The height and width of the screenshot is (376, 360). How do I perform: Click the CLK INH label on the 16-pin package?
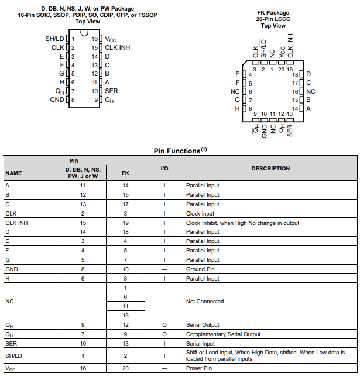click(117, 47)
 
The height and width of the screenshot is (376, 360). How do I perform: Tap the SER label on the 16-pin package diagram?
click(111, 91)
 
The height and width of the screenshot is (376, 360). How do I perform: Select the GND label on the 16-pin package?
click(57, 100)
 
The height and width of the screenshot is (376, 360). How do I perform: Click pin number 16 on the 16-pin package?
click(95, 39)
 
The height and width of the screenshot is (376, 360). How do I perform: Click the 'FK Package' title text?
click(273, 12)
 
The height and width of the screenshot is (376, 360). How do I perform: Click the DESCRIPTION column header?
click(270, 169)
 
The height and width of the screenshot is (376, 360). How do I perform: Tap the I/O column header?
click(164, 169)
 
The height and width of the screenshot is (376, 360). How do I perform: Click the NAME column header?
click(13, 173)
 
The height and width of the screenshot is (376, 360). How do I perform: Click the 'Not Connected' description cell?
click(205, 302)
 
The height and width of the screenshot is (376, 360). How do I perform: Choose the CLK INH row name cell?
click(16, 223)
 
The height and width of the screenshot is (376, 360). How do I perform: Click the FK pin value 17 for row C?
click(125, 204)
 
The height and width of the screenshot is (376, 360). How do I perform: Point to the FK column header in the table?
click(125, 173)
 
